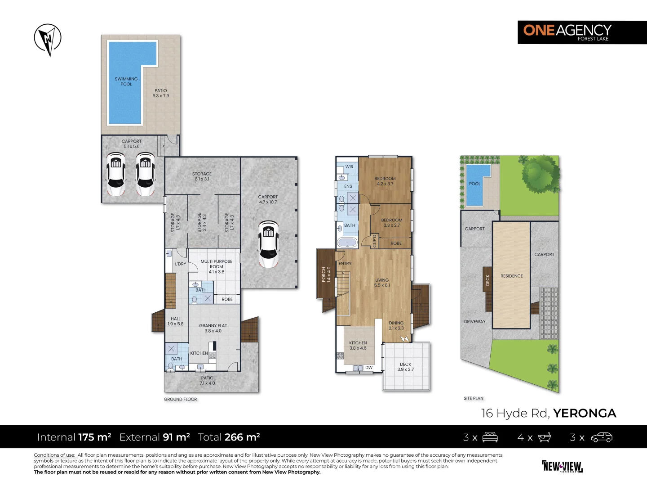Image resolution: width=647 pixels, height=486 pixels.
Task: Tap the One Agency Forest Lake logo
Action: pyautogui.click(x=582, y=32)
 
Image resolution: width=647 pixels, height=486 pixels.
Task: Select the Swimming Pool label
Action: pyautogui.click(x=126, y=81)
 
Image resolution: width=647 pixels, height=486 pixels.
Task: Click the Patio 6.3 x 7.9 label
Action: pyautogui.click(x=161, y=93)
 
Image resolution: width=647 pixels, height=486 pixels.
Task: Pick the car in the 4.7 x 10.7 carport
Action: pyautogui.click(x=268, y=244)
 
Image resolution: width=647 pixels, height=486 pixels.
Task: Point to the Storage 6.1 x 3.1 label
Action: pyautogui.click(x=202, y=176)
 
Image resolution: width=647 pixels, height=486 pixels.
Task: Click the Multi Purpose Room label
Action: pyautogui.click(x=217, y=264)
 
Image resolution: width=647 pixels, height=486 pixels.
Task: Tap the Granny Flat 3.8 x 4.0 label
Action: pyautogui.click(x=213, y=328)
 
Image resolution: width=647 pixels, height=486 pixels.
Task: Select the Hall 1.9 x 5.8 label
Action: pyautogui.click(x=176, y=321)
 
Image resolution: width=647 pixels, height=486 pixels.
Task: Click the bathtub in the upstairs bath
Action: pyautogui.click(x=347, y=243)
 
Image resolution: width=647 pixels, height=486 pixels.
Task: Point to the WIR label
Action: pyautogui.click(x=349, y=166)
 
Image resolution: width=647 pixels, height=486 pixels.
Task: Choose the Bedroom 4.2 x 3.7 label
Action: pyautogui.click(x=385, y=181)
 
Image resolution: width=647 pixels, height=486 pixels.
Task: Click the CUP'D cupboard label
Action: pyautogui.click(x=374, y=241)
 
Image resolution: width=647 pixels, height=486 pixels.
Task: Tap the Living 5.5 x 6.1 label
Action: pyautogui.click(x=382, y=283)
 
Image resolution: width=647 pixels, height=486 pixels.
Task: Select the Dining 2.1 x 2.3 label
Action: pyautogui.click(x=396, y=325)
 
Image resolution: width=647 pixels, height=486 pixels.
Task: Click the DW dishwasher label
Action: pyautogui.click(x=369, y=368)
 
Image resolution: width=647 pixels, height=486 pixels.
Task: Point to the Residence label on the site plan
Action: pyautogui.click(x=511, y=276)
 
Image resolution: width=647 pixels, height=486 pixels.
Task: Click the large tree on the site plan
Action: pyautogui.click(x=541, y=174)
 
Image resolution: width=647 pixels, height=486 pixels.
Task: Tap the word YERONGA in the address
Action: pyautogui.click(x=585, y=414)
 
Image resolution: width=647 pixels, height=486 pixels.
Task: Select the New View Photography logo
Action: pyautogui.click(x=562, y=467)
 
